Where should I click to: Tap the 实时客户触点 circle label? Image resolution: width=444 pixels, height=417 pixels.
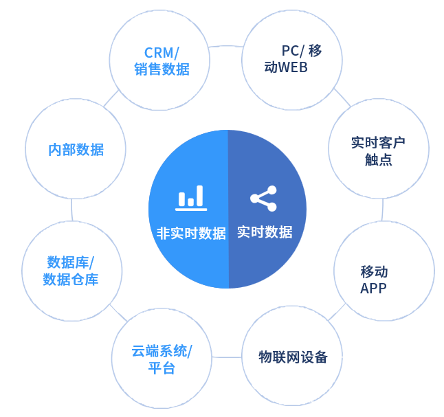tap(378, 151)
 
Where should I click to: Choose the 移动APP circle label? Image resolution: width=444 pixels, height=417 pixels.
tap(375, 280)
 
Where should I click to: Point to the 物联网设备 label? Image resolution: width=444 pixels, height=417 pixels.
tap(293, 357)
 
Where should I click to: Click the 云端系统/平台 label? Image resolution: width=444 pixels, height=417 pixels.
tap(162, 359)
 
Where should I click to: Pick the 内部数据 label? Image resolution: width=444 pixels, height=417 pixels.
tap(76, 149)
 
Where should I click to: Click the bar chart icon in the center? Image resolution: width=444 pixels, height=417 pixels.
tap(191, 197)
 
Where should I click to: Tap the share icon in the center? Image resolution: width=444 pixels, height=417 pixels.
tap(264, 198)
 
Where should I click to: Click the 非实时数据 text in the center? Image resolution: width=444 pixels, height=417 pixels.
tap(191, 233)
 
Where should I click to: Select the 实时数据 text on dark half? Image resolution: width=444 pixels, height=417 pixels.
tap(265, 232)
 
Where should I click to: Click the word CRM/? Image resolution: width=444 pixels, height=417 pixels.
tap(162, 53)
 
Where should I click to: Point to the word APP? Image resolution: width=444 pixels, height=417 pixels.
tap(373, 289)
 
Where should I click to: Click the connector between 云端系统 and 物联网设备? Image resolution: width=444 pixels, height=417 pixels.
tap(227, 357)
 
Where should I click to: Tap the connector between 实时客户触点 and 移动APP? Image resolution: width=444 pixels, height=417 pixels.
tap(382, 210)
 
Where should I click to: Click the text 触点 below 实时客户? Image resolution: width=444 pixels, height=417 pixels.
tap(378, 160)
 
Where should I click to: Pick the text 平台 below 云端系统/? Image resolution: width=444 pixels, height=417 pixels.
tap(162, 368)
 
